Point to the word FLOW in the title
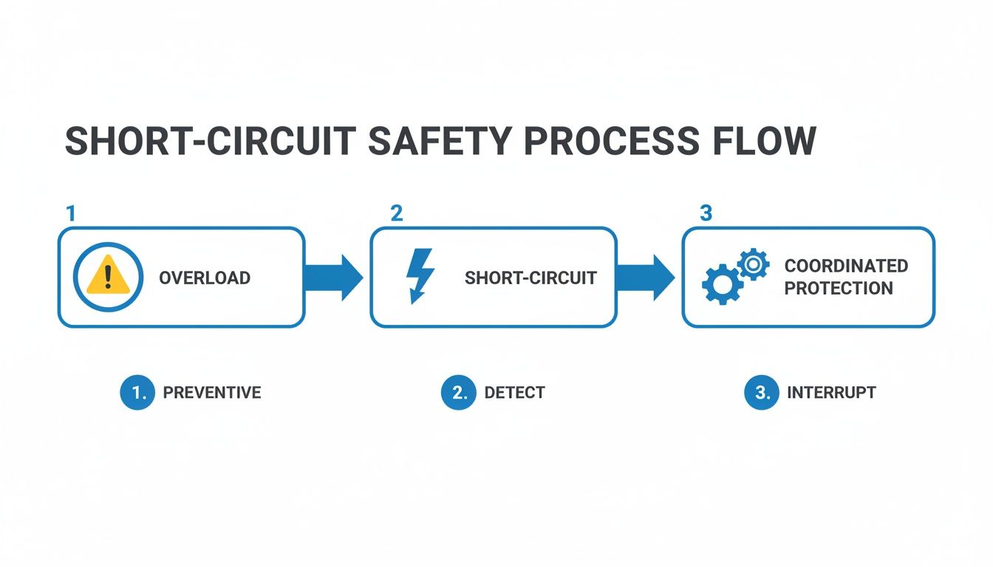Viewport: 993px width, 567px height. tap(764, 142)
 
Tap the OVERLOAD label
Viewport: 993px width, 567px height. tap(205, 278)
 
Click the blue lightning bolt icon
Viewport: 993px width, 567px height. tap(420, 277)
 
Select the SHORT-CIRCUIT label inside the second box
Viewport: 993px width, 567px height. tap(530, 278)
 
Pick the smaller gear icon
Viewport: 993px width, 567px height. tap(753, 263)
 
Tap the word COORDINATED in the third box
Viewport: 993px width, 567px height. tap(846, 266)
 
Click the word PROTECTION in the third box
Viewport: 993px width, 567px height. tap(839, 289)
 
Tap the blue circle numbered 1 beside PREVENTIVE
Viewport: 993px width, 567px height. tap(137, 393)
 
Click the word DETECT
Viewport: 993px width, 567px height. tap(514, 393)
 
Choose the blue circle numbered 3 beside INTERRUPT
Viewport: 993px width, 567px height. tap(762, 393)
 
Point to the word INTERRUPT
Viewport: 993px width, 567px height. tap(831, 393)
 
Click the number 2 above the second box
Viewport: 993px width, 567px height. tap(397, 214)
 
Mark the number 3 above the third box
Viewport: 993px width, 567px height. tap(706, 214)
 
